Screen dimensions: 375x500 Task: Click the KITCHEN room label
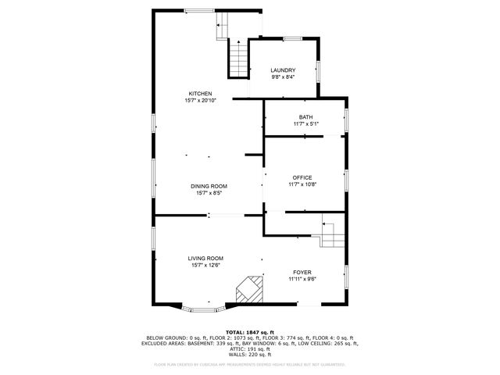click(x=200, y=94)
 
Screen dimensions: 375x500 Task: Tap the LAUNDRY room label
click(x=283, y=70)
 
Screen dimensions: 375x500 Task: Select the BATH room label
click(x=305, y=117)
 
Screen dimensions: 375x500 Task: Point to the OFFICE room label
click(x=302, y=177)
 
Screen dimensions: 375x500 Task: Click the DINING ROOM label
click(x=209, y=186)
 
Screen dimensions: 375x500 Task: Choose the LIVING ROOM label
click(x=205, y=258)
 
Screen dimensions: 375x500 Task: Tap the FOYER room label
click(x=301, y=272)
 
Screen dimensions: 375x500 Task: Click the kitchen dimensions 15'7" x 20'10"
click(x=200, y=101)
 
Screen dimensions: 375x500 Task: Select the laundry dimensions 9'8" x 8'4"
click(x=283, y=77)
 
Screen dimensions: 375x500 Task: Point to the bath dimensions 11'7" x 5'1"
click(x=305, y=124)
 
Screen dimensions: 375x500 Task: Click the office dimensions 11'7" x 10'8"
click(x=302, y=185)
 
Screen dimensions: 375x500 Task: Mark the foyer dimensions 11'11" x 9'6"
click(x=301, y=279)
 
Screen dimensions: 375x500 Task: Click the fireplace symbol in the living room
click(x=249, y=289)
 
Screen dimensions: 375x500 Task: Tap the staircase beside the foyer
click(x=331, y=232)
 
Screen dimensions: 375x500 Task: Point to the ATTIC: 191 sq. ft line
click(x=249, y=348)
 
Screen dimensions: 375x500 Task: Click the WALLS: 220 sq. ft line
click(x=249, y=354)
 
